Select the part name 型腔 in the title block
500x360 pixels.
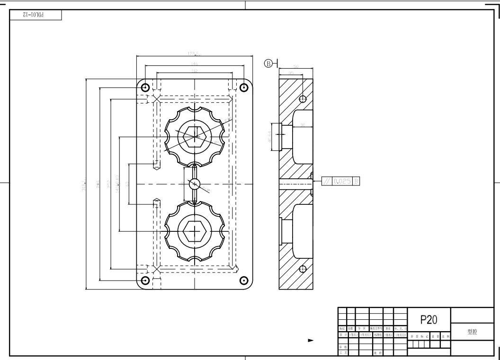click(x=472, y=332)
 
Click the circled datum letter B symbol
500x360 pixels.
click(x=268, y=63)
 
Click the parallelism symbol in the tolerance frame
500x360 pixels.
click(x=326, y=181)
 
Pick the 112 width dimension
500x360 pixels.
click(x=194, y=70)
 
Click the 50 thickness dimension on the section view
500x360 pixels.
click(x=296, y=67)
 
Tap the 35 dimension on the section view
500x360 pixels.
click(x=290, y=74)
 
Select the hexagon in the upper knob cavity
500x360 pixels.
click(x=194, y=136)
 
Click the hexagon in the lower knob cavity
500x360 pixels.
click(x=194, y=232)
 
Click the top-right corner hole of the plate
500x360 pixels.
click(x=244, y=88)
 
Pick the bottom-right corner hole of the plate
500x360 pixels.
click(x=244, y=280)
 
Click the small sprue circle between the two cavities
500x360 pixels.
click(x=194, y=184)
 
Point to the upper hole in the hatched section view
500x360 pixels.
click(x=303, y=98)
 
